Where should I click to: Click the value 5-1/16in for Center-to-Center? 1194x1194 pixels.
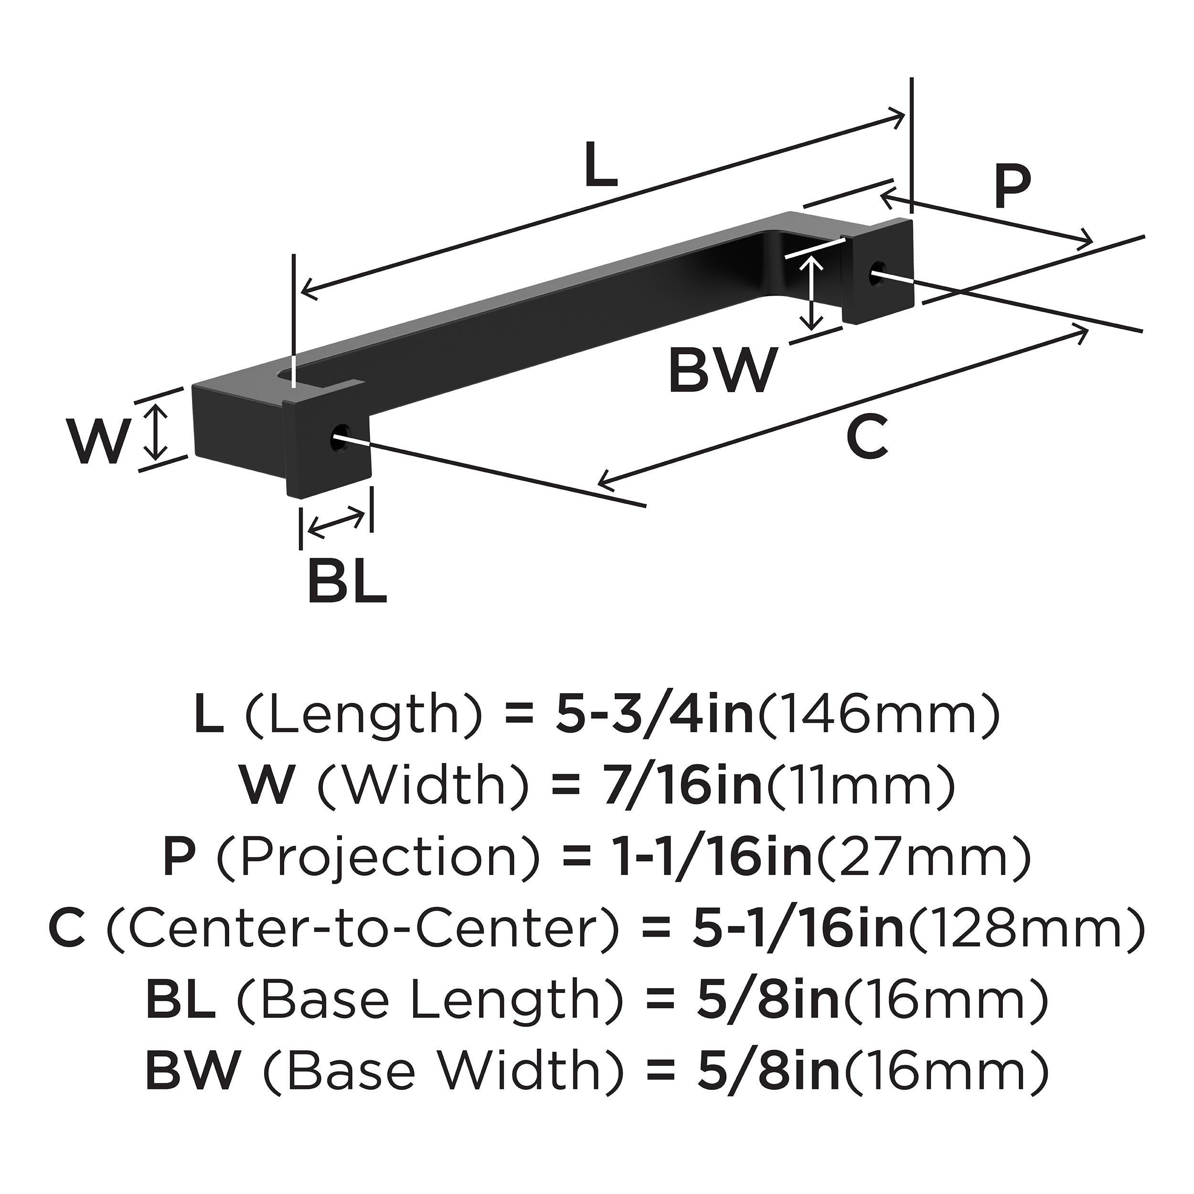(797, 927)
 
